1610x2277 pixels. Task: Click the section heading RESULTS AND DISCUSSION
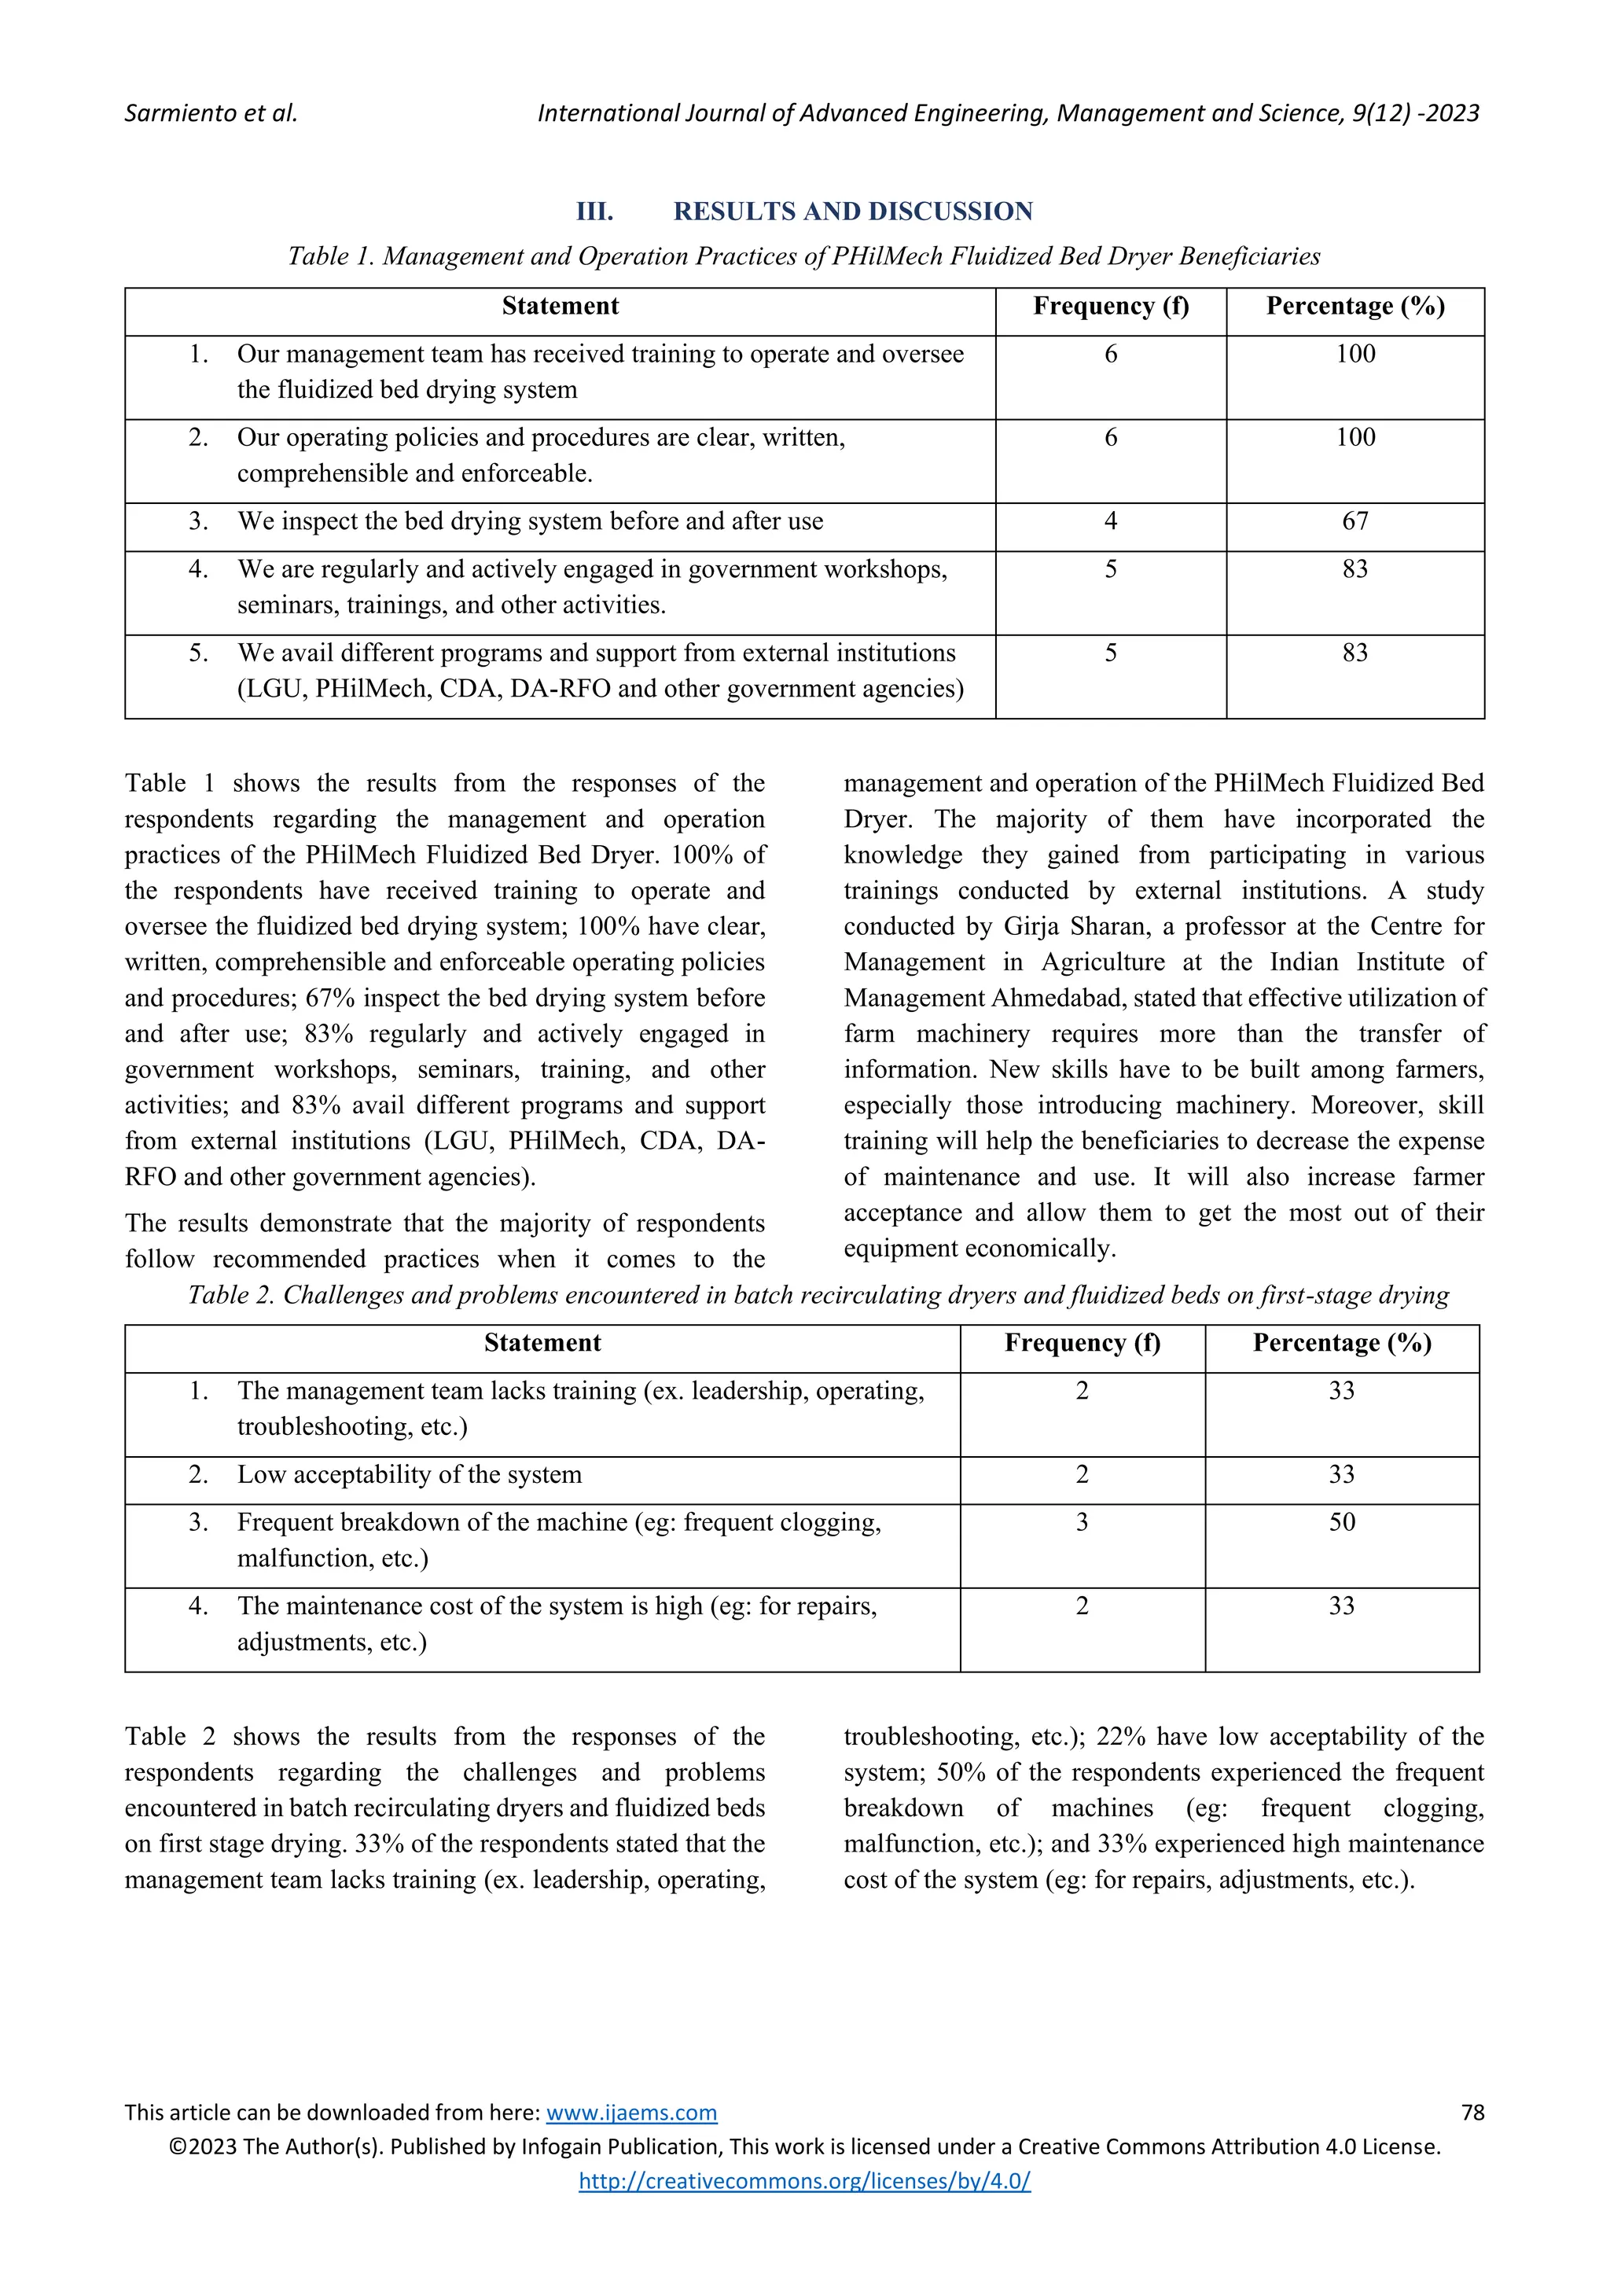pos(853,212)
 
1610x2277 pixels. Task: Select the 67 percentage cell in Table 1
pos(1355,521)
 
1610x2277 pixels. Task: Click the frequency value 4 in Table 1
pos(1110,521)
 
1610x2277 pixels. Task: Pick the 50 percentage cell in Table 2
pos(1340,1522)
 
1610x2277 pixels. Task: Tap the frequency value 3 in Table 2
pos(1082,1522)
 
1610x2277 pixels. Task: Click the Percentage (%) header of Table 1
pos(1355,307)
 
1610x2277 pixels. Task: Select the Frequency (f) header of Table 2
pos(1082,1343)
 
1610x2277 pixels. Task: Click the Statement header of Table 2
pos(542,1343)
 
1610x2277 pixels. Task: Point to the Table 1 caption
pos(804,257)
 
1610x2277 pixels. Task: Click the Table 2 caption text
pos(818,1295)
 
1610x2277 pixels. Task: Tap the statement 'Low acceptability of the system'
pos(410,1475)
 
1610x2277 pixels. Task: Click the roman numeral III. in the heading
pos(595,212)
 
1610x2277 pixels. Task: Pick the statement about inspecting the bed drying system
pos(529,521)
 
